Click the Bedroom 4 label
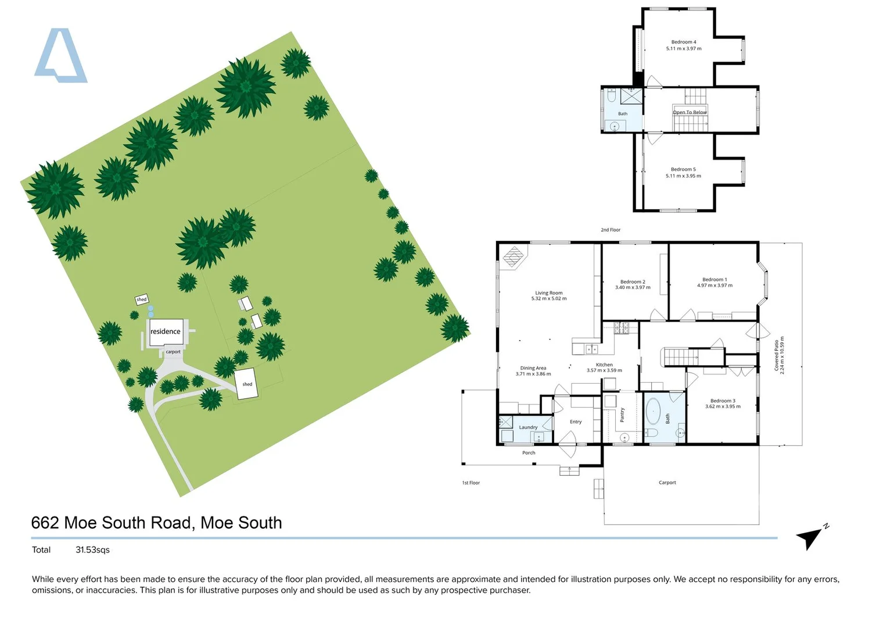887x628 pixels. pyautogui.click(x=684, y=42)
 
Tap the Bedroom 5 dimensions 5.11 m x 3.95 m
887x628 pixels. pyautogui.click(x=683, y=176)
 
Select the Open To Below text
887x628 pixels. pyautogui.click(x=690, y=112)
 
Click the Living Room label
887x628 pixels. pyautogui.click(x=549, y=293)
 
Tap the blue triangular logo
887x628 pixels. pyautogui.click(x=60, y=55)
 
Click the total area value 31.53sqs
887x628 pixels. pyautogui.click(x=93, y=550)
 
